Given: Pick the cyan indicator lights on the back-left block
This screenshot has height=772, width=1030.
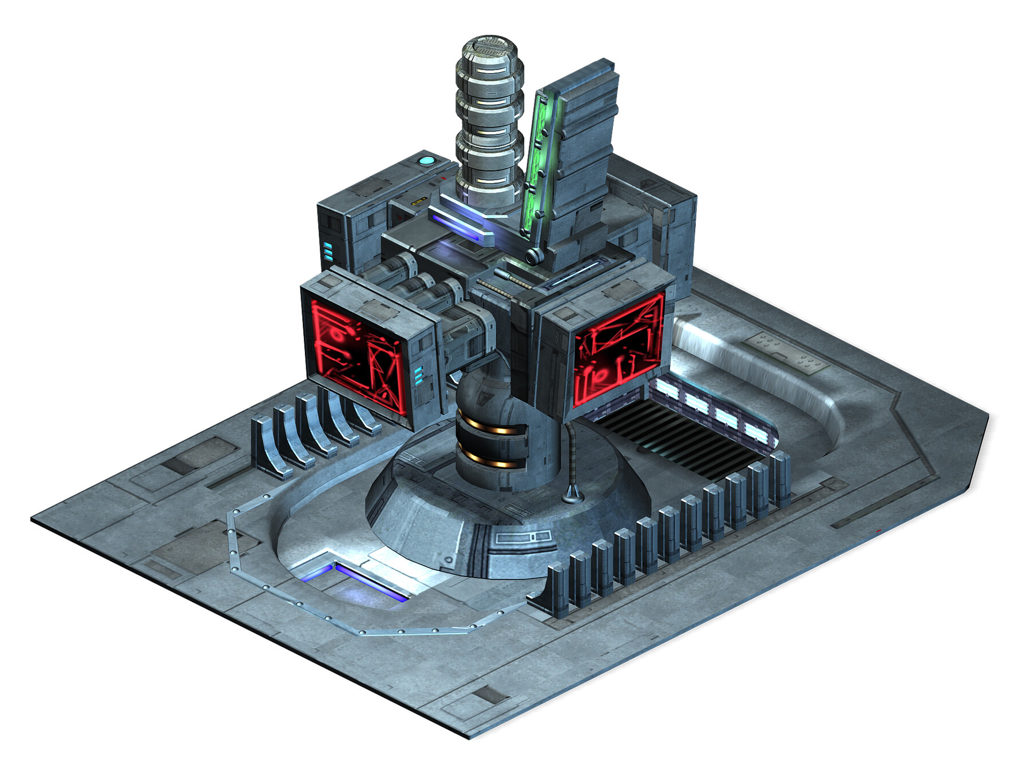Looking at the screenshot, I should [x=328, y=252].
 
